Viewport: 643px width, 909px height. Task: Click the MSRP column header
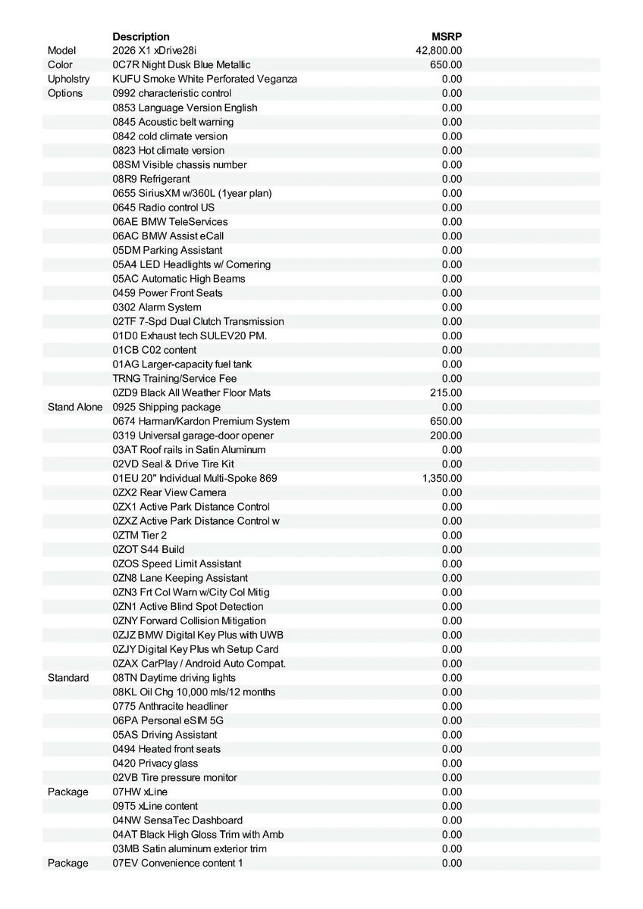[x=447, y=36]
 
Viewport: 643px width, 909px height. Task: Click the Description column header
[x=141, y=36]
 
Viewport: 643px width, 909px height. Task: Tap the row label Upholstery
[x=68, y=79]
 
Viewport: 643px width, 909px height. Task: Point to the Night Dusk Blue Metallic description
[x=181, y=65]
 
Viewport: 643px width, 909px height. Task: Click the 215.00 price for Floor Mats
[x=446, y=392]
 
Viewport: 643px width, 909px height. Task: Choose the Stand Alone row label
[x=74, y=407]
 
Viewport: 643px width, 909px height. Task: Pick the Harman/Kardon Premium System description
[x=201, y=421]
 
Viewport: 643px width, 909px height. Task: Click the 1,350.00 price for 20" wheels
[x=442, y=478]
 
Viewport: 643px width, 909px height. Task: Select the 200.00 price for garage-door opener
[x=446, y=436]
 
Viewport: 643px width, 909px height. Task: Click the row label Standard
[x=68, y=678]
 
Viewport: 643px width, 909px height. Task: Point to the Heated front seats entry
[x=167, y=749]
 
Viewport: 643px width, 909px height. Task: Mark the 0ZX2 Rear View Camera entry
[x=169, y=492]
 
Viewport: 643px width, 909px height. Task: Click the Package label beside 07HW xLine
[x=67, y=792]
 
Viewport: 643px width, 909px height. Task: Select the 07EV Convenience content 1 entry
[x=177, y=863]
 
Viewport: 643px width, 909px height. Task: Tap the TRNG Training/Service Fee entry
[x=174, y=378]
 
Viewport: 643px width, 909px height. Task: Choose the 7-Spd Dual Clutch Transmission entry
[x=198, y=321]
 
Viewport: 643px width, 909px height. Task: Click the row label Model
[x=61, y=51]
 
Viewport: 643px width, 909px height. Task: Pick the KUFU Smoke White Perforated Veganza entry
[x=205, y=79]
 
